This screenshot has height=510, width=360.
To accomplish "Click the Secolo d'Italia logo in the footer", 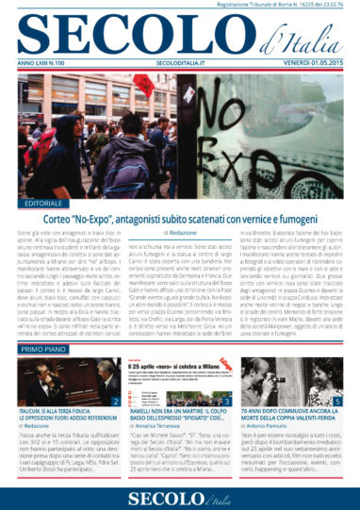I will coord(180,494).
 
